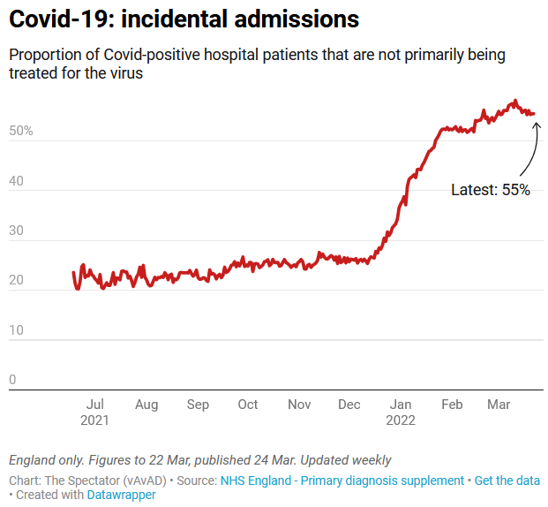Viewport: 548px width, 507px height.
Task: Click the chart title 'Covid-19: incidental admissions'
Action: click(184, 19)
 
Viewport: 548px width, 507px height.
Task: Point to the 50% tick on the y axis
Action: click(21, 131)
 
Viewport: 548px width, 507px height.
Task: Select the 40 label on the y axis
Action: click(17, 180)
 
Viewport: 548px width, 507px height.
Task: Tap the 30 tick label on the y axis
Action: click(17, 231)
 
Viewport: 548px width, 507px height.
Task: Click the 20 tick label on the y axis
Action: click(17, 280)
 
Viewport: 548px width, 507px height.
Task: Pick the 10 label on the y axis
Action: click(17, 330)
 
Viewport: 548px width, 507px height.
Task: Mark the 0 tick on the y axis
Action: click(12, 380)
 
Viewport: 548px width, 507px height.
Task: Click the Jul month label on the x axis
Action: click(95, 405)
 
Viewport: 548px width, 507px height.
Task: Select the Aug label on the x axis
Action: click(146, 405)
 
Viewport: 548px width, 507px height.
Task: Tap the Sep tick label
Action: click(198, 405)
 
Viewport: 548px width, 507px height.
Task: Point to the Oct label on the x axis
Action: click(248, 405)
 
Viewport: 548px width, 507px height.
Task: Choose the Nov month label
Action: click(299, 405)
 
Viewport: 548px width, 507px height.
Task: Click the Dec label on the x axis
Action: click(349, 405)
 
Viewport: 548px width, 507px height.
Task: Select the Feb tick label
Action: click(452, 405)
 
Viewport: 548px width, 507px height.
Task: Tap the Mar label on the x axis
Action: click(499, 405)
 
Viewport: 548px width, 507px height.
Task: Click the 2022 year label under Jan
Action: click(401, 420)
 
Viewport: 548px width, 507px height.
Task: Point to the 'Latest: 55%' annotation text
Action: click(491, 190)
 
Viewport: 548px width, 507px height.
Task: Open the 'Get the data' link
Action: click(507, 481)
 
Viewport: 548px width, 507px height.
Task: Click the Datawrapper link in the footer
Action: click(121, 495)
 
